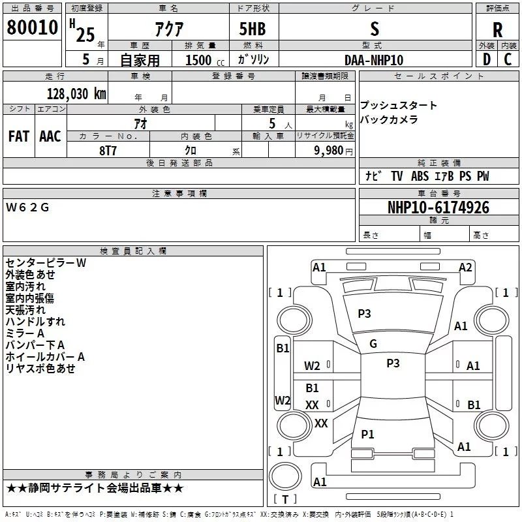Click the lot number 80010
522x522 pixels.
click(x=32, y=29)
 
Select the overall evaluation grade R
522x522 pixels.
click(x=497, y=30)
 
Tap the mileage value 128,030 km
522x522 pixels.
click(x=76, y=93)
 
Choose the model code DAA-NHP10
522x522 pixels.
click(x=374, y=60)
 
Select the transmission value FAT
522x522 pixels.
click(x=19, y=136)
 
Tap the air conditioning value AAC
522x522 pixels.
click(x=50, y=136)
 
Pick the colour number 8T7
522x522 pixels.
click(x=108, y=149)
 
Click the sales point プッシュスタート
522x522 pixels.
click(x=399, y=106)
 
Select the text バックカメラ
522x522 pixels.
click(x=389, y=119)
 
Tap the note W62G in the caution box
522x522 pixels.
click(x=27, y=207)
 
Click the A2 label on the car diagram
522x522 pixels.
click(x=465, y=268)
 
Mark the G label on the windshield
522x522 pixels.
click(x=373, y=344)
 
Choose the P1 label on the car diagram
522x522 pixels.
click(x=368, y=434)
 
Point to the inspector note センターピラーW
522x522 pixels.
click(x=46, y=263)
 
